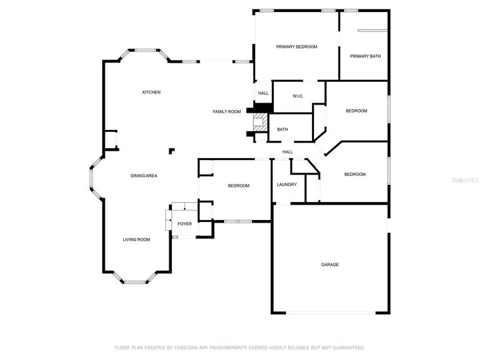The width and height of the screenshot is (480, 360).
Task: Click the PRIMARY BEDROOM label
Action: point(297,47)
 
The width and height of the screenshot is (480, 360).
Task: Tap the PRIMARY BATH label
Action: point(365,56)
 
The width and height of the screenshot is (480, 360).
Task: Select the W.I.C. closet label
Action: point(298,96)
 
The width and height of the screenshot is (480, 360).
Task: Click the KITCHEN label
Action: point(151,92)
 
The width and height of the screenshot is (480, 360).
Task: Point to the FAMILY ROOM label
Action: point(227,111)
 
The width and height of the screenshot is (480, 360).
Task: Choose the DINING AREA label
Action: point(143,175)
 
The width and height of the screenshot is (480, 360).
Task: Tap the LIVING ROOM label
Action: point(136,239)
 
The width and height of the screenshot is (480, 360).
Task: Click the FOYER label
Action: point(184,223)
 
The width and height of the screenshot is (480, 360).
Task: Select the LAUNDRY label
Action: point(287,185)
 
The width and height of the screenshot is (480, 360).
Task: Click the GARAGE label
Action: point(330,265)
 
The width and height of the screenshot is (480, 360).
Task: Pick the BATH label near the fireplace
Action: point(283,129)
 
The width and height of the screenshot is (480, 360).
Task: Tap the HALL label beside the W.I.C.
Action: point(263,93)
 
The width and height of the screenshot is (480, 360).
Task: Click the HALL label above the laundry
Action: point(287,152)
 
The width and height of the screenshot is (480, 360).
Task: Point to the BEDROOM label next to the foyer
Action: point(238,185)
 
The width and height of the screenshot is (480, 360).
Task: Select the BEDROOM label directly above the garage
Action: point(355,174)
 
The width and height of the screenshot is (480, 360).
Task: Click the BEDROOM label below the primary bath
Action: point(356,111)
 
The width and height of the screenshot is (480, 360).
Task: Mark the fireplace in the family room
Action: point(259,123)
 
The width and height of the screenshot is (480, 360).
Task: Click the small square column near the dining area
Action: point(171,150)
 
